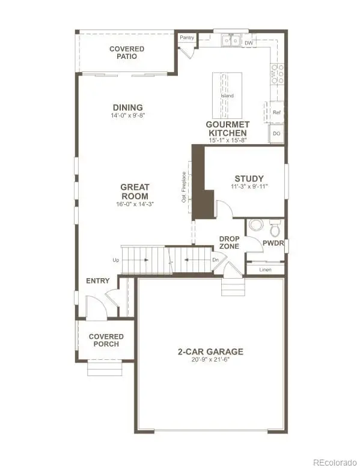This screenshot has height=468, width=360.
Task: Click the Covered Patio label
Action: pyautogui.click(x=126, y=52)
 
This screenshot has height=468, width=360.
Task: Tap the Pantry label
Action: pyautogui.click(x=188, y=38)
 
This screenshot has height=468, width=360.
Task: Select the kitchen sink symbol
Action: pyautogui.click(x=230, y=41)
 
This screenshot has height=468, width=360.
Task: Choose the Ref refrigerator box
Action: pyautogui.click(x=276, y=112)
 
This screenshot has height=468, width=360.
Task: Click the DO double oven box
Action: pyautogui.click(x=276, y=133)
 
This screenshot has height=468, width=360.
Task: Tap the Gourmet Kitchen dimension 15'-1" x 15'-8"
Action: pyautogui.click(x=228, y=140)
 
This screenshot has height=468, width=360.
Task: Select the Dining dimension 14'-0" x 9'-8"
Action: pyautogui.click(x=127, y=115)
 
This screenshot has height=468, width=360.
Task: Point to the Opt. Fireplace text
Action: pyautogui.click(x=183, y=187)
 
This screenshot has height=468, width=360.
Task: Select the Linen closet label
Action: pyautogui.click(x=265, y=270)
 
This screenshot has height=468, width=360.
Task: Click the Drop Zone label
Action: pyautogui.click(x=230, y=243)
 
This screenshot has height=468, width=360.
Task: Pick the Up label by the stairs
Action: pyautogui.click(x=115, y=260)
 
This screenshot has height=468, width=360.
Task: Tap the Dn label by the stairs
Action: pyautogui.click(x=216, y=260)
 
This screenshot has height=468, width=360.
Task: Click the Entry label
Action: pyautogui.click(x=98, y=281)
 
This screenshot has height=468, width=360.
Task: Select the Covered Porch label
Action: pyautogui.click(x=106, y=340)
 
